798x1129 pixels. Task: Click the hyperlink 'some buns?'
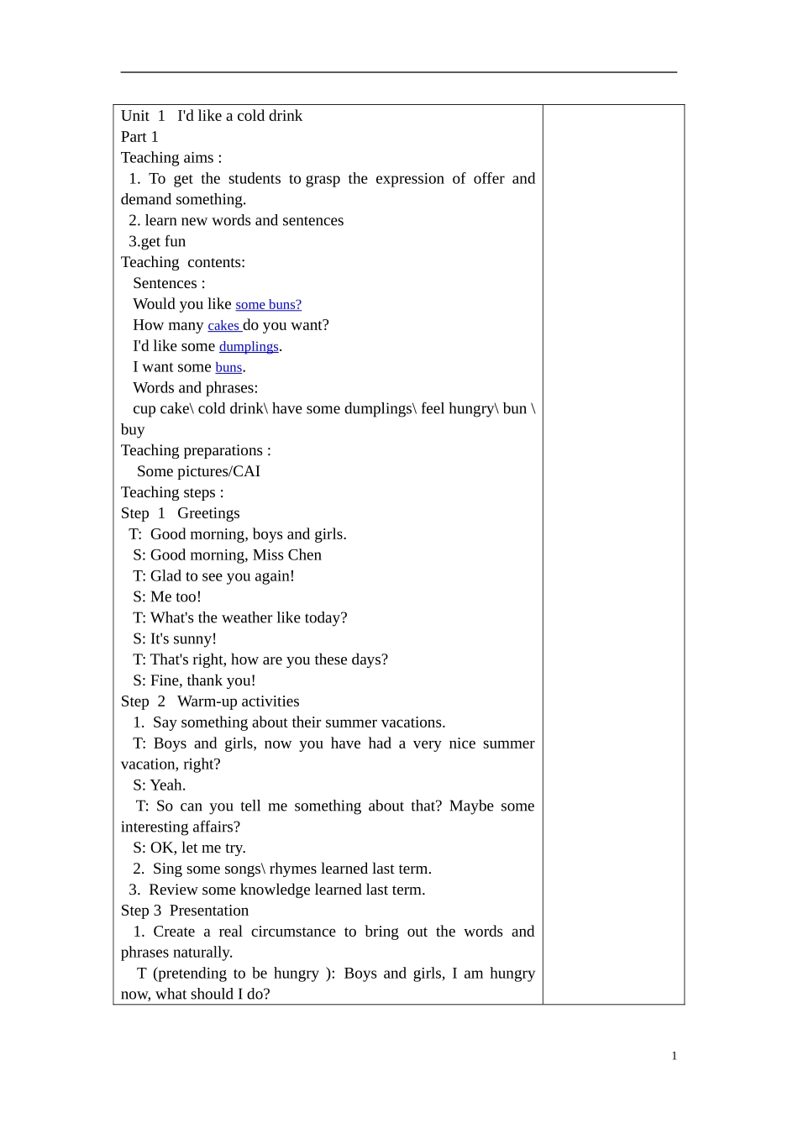tap(268, 305)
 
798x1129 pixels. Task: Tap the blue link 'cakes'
tap(223, 326)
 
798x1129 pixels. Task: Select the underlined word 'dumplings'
tap(249, 347)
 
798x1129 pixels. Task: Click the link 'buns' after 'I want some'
tap(228, 368)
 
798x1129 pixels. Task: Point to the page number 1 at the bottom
tap(674, 1056)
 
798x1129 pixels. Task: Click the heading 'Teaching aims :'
tap(171, 158)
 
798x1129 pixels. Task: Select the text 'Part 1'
tap(139, 137)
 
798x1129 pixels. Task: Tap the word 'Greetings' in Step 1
tap(208, 513)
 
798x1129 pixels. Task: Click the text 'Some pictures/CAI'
tap(198, 471)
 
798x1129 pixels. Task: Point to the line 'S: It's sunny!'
tap(175, 638)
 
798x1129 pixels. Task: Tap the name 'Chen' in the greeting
tap(305, 555)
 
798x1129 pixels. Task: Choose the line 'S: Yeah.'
tap(160, 785)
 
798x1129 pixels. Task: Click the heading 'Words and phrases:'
tap(196, 388)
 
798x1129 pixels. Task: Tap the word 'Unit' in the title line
tap(135, 116)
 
